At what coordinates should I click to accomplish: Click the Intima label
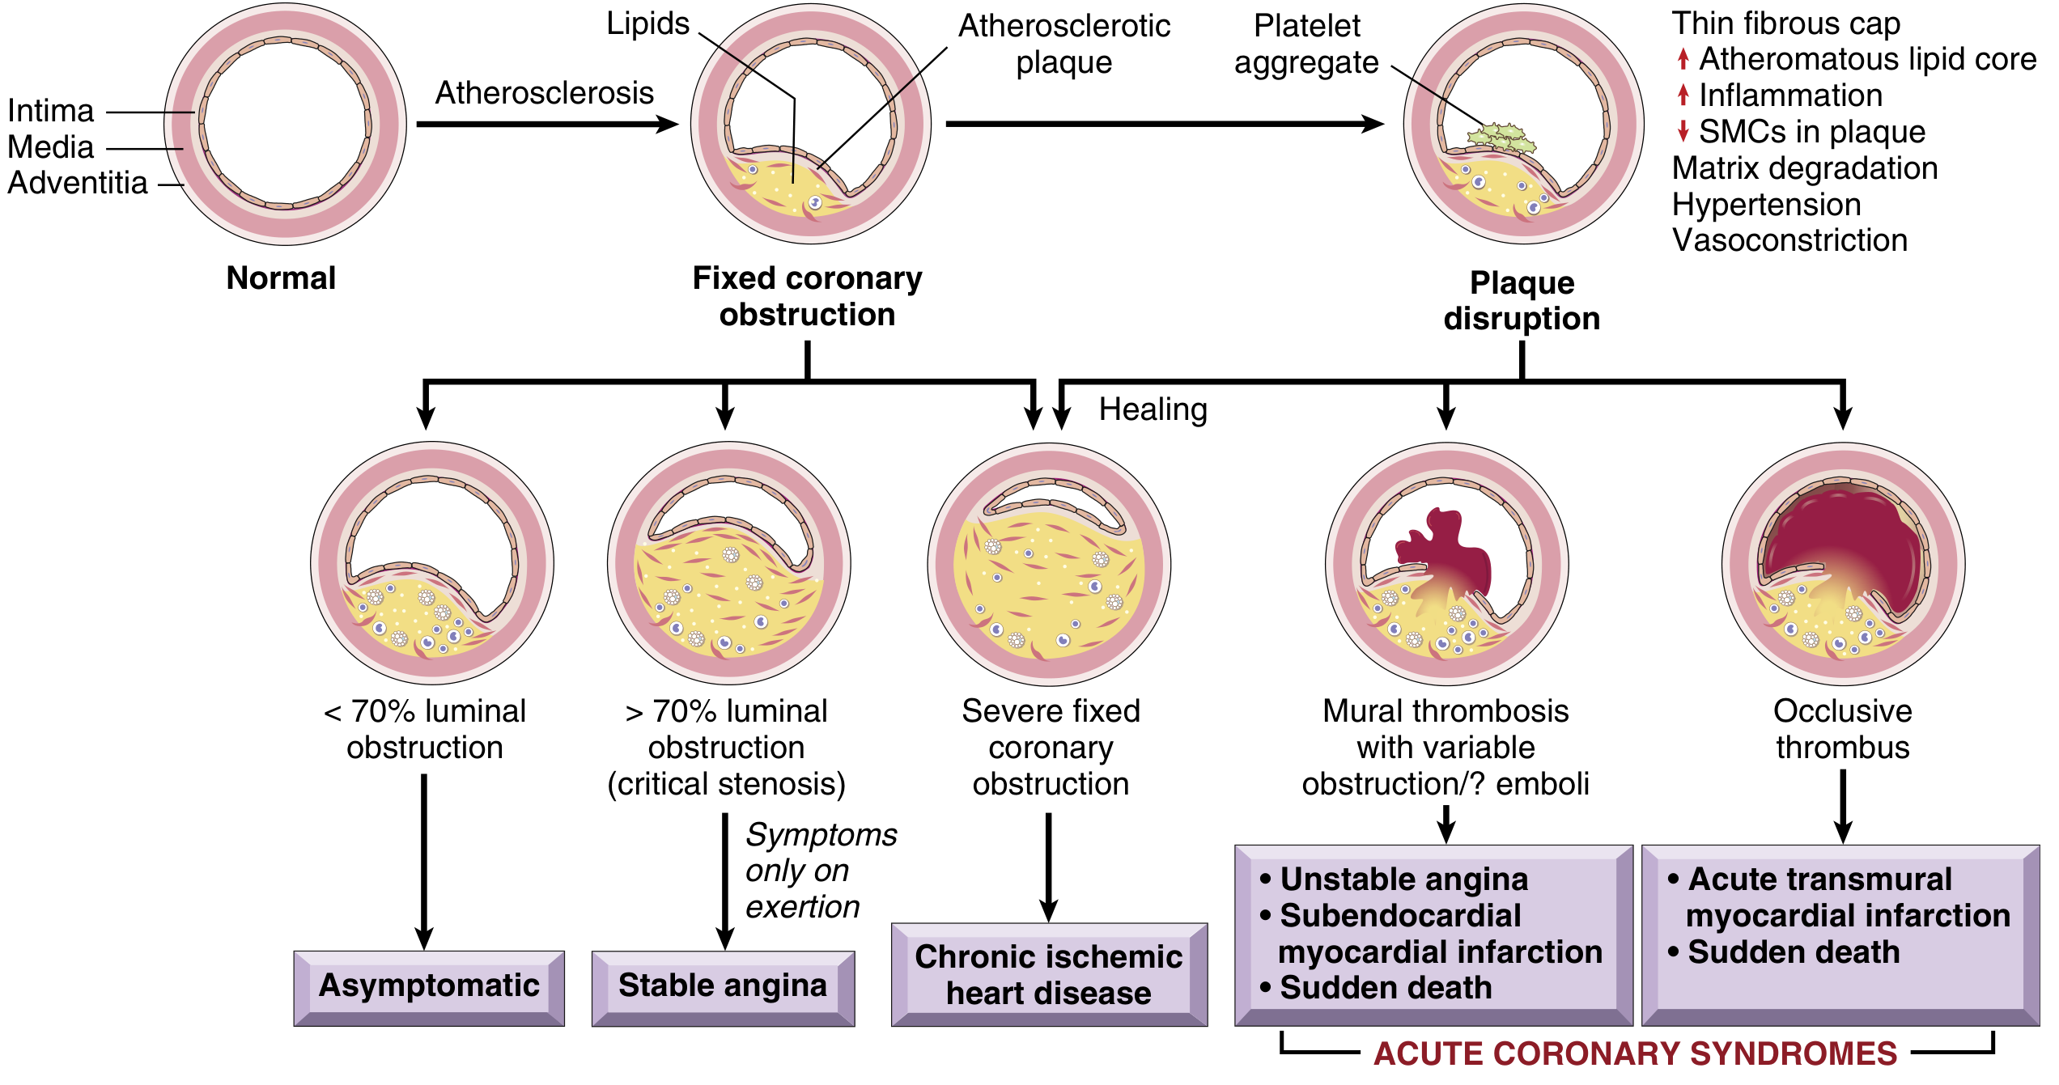coord(51,111)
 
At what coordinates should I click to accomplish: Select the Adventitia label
coord(78,183)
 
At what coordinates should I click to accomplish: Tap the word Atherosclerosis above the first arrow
coord(544,93)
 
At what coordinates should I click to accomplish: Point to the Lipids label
coord(647,23)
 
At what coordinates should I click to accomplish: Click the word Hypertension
coord(1766,205)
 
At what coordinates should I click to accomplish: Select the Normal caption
coord(281,278)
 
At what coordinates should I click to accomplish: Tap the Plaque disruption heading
coord(1522,300)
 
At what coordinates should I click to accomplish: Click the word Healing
coord(1153,409)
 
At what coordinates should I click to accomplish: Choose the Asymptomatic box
coord(429,986)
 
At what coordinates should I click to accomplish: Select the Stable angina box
coord(723,986)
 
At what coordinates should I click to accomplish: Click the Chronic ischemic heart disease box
coord(1049,975)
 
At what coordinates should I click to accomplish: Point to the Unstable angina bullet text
coord(1403,879)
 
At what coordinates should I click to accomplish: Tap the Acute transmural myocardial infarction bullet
coord(1837,897)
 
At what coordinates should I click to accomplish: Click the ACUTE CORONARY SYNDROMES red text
coord(1635,1053)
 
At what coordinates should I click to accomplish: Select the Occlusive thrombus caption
coord(1842,729)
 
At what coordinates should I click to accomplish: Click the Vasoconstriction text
coord(1789,240)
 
